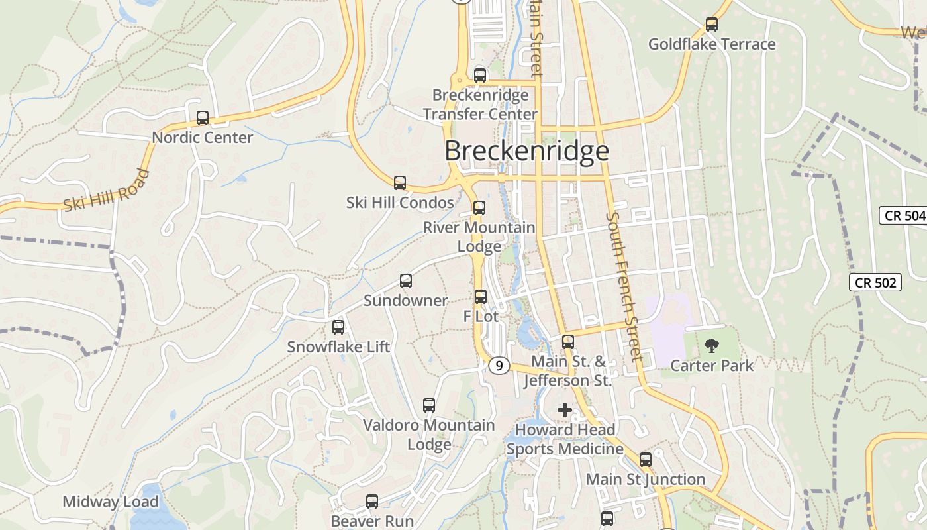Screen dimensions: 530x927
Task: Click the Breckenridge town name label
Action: [x=526, y=151]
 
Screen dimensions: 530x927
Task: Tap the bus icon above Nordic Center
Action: [x=203, y=118]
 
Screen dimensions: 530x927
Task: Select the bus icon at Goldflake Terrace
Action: [x=712, y=25]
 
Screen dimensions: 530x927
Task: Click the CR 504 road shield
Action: [x=903, y=215]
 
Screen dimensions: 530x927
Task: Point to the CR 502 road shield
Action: [x=875, y=282]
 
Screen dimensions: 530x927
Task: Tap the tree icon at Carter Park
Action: [x=712, y=345]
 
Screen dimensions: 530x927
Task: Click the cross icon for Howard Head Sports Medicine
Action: [x=564, y=410]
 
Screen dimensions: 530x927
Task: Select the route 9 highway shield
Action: [x=500, y=365]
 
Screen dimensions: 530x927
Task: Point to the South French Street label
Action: [x=624, y=286]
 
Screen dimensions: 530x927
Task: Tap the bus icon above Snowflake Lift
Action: [x=338, y=327]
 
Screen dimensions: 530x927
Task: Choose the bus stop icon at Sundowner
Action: [x=406, y=281]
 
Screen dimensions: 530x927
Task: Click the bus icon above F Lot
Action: [x=481, y=296]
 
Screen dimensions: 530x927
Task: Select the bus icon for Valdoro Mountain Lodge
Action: [x=429, y=405]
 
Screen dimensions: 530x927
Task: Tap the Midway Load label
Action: [x=111, y=502]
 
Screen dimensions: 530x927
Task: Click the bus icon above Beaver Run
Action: [x=372, y=502]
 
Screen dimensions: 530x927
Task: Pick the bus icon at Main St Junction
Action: [x=646, y=459]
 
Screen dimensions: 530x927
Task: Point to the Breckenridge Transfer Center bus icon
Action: [x=480, y=76]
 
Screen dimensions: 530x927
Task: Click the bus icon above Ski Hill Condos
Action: [x=400, y=182]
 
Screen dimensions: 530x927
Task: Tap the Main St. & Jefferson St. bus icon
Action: [x=568, y=342]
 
